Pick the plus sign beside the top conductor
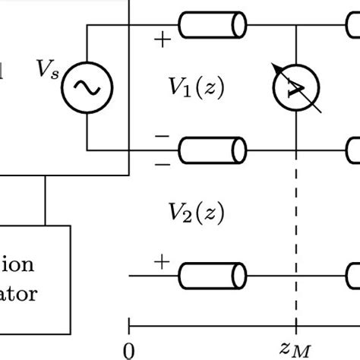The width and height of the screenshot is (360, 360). (161, 38)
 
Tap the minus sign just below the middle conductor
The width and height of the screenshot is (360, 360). (161, 163)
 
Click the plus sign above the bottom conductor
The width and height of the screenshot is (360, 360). (161, 262)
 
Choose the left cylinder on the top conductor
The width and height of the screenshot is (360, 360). (213, 26)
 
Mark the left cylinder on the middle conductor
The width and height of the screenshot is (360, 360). (213, 150)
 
